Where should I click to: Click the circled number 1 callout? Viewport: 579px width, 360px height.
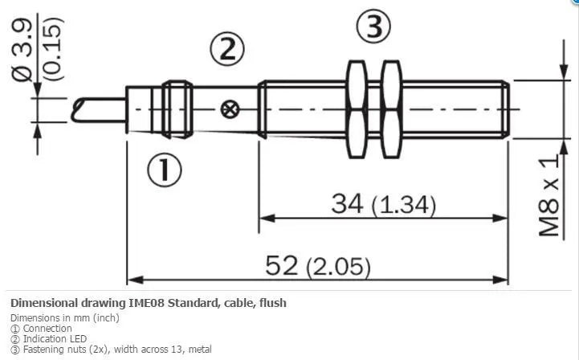(165, 170)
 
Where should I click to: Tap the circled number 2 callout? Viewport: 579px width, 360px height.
(227, 49)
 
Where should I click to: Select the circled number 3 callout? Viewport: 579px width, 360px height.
(373, 27)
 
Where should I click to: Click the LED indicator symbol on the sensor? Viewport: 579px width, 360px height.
(230, 109)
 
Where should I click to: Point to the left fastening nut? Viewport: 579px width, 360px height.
(357, 109)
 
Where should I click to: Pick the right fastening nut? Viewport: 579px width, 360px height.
(391, 109)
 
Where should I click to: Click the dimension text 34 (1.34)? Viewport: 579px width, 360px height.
(383, 204)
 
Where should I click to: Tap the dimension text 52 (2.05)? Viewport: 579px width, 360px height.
(317, 266)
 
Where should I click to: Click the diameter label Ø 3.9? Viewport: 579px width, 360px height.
(22, 50)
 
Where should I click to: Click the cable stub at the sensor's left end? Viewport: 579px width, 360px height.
(99, 110)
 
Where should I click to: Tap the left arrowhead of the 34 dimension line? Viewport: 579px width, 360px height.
(267, 218)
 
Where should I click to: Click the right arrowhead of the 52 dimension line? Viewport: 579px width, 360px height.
(500, 280)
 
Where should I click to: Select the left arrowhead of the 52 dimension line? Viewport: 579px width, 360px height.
(135, 280)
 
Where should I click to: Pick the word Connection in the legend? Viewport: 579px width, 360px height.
(47, 328)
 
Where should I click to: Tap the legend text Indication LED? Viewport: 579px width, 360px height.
(55, 338)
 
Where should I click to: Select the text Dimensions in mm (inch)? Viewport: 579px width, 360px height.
(65, 318)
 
